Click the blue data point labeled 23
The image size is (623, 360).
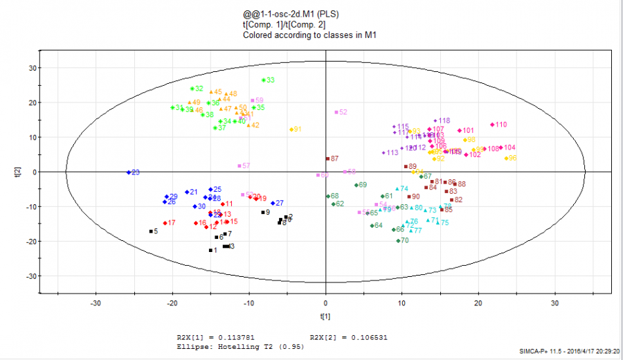128,172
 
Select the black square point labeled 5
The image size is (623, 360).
151,231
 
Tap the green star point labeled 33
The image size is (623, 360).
264,80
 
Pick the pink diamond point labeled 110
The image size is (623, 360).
492,125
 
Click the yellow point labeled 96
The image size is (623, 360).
507,159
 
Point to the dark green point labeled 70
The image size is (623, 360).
398,241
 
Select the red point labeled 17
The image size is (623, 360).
165,223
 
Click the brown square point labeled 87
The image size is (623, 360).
327,159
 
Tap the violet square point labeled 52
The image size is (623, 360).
336,112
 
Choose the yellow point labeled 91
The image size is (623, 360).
291,129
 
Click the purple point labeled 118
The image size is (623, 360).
435,120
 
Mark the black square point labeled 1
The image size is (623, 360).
210,251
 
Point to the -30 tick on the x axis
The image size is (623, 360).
96,303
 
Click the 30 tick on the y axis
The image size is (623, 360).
31,68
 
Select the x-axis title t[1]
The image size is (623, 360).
325,316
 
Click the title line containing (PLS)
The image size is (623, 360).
291,14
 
